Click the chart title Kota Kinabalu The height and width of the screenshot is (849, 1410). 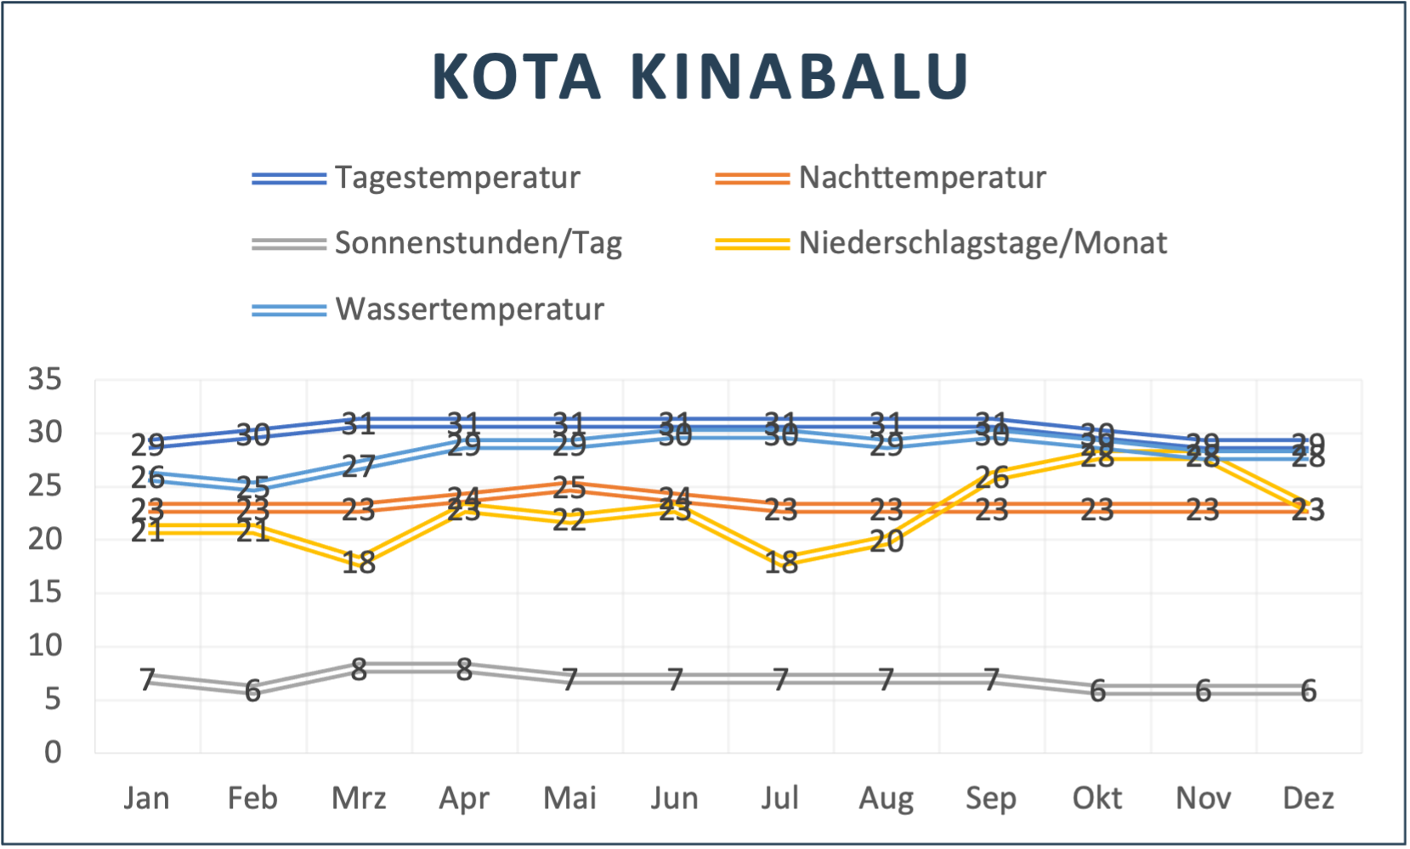coord(700,76)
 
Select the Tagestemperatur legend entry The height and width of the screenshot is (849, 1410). coord(457,178)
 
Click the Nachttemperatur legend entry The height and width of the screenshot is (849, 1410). coord(922,178)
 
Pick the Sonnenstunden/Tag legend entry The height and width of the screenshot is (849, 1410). coord(478,243)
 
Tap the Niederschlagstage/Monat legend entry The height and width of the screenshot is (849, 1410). coord(982,243)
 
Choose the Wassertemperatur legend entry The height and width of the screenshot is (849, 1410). coord(469,309)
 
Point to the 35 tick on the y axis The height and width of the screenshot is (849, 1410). coord(45,379)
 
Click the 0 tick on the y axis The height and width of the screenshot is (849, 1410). coord(53,752)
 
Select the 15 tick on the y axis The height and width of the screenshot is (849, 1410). coord(45,592)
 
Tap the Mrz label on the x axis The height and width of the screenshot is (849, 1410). coord(359,799)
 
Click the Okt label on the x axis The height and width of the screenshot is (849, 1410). coord(1096,799)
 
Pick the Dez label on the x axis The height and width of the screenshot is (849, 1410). coord(1308,799)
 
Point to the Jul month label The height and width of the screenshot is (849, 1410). coord(780,799)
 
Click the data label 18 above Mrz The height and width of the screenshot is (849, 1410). coord(359,563)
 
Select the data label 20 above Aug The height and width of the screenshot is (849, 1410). coord(886,541)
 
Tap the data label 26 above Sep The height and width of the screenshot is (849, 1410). coord(992,478)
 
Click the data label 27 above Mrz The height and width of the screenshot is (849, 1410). coord(359,467)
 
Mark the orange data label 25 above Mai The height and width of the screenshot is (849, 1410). coord(569,488)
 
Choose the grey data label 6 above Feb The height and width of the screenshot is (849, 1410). coord(252,692)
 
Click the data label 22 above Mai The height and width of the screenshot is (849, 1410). coord(569,520)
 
